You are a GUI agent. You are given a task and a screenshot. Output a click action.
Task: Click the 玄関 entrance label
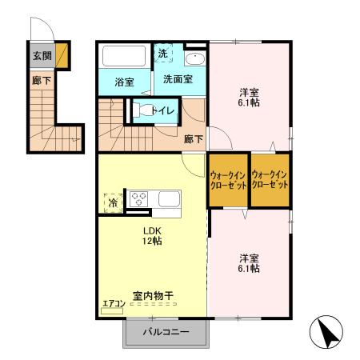pyautogui.click(x=42, y=55)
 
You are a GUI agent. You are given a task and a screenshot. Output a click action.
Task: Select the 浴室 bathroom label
pyautogui.click(x=123, y=82)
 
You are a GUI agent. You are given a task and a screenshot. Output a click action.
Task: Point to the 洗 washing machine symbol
pyautogui.click(x=163, y=54)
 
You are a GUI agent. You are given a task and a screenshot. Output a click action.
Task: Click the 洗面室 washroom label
pyautogui.click(x=178, y=79)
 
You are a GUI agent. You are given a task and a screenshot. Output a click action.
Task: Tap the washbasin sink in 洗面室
pyautogui.click(x=194, y=60)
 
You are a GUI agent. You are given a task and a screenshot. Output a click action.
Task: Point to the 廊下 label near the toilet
pyautogui.click(x=194, y=138)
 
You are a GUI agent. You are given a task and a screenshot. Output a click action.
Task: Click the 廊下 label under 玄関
pyautogui.click(x=41, y=80)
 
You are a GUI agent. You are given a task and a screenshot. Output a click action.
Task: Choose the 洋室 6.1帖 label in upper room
pyautogui.click(x=249, y=98)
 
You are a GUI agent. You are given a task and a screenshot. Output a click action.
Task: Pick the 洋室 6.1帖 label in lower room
pyautogui.click(x=248, y=263)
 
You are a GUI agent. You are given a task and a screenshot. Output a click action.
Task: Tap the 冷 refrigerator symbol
pyautogui.click(x=112, y=203)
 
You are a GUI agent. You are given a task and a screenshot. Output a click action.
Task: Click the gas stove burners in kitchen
pyautogui.click(x=139, y=198)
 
